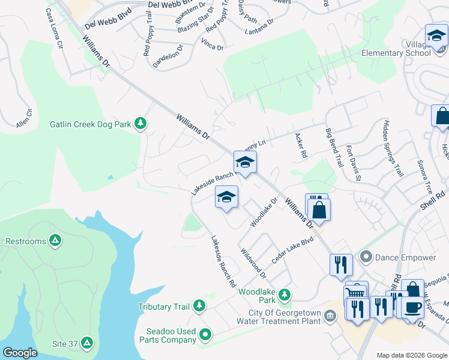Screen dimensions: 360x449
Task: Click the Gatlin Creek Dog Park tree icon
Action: point(141,124)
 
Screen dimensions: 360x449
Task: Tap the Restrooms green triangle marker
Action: point(55,241)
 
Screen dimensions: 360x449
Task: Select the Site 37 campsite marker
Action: point(87,343)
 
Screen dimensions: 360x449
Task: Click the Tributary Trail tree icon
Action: point(199,307)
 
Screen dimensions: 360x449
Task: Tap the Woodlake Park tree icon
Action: point(285,295)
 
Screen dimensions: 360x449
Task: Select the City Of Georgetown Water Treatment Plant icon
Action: point(330,316)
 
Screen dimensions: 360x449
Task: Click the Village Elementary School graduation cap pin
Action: point(436,37)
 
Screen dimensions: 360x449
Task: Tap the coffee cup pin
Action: point(412,307)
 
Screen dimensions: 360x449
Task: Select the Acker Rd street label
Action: point(300,145)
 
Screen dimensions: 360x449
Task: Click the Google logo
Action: point(20,353)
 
